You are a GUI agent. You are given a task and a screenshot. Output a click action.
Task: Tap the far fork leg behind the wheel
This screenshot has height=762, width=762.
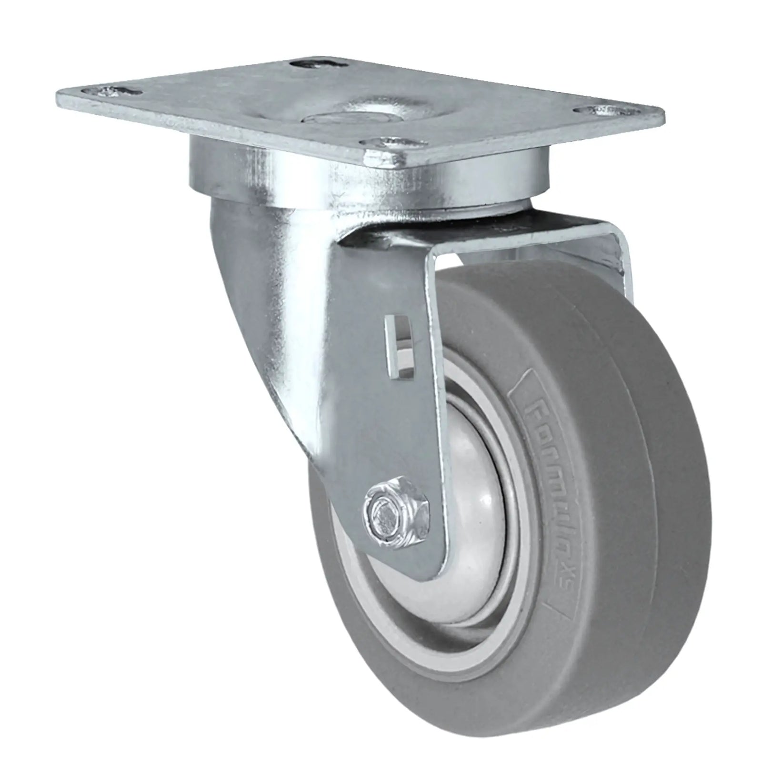click(619, 267)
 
